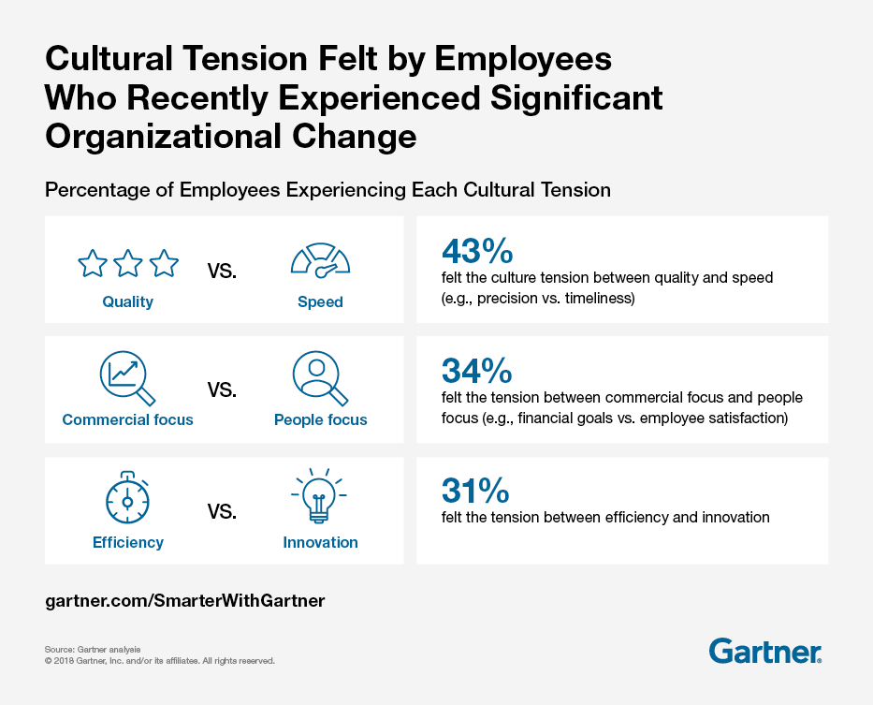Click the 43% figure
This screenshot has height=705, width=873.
tap(476, 251)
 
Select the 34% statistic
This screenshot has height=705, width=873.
tap(476, 372)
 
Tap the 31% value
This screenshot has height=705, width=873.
tap(474, 491)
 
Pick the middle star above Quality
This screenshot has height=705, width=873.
tap(128, 264)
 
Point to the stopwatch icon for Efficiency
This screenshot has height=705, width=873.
tap(128, 498)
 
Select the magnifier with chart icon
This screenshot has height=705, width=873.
tap(126, 377)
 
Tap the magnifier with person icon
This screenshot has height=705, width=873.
tap(320, 378)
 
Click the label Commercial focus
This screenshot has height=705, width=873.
tap(127, 420)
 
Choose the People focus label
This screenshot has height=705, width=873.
tap(321, 420)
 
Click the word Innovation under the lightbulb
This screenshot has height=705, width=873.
tap(320, 543)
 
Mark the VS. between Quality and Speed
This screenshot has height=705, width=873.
tap(222, 272)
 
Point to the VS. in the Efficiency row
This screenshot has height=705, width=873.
tap(222, 512)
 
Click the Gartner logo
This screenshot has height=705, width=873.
tap(765, 651)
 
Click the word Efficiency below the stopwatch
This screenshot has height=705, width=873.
tap(128, 543)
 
